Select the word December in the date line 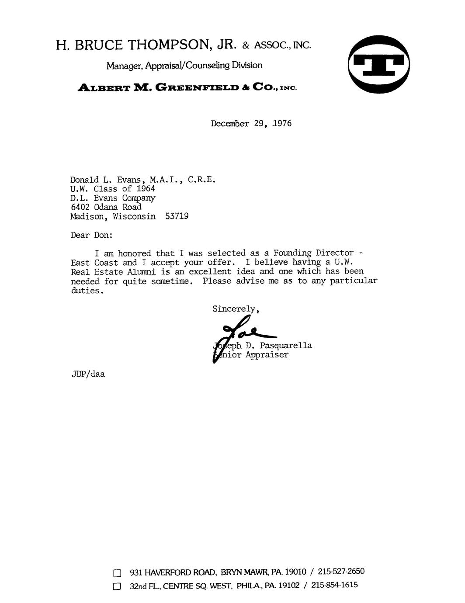click(x=230, y=124)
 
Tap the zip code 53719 click(x=177, y=216)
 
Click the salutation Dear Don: click(x=92, y=235)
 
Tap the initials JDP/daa click(x=88, y=374)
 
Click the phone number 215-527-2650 click(x=341, y=572)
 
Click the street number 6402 click(x=80, y=207)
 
